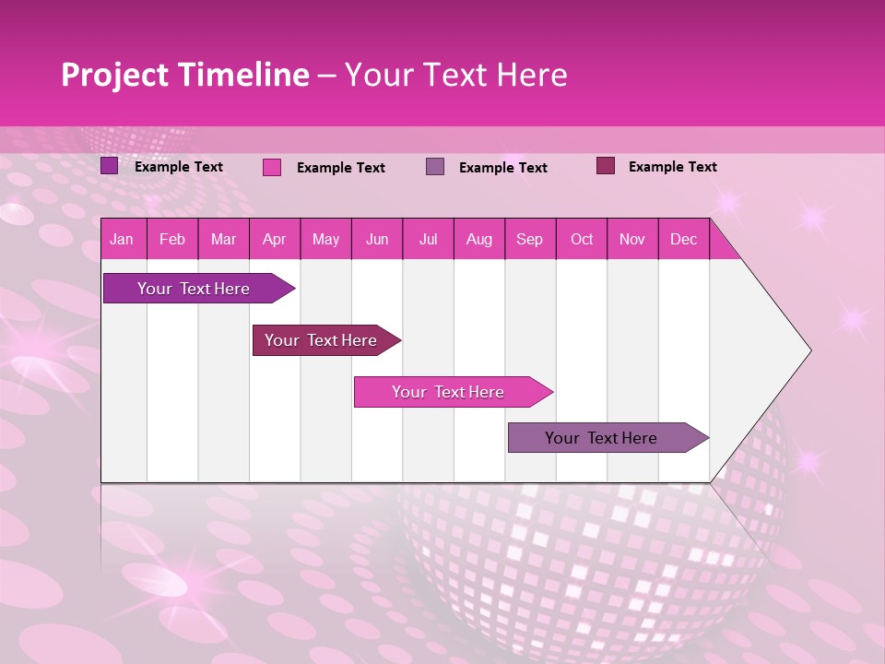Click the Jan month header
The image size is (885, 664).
(x=122, y=239)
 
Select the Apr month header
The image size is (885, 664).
(x=275, y=239)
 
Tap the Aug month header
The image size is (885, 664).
(x=479, y=239)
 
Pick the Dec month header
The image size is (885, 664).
(x=683, y=239)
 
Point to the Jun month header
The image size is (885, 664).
(x=377, y=239)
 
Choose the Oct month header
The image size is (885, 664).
(x=582, y=239)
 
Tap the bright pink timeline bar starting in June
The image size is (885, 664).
(x=449, y=392)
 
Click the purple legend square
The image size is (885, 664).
(x=110, y=166)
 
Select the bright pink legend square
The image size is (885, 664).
(x=272, y=167)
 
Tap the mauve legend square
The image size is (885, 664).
(x=435, y=167)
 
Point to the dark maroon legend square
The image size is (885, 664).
(x=606, y=166)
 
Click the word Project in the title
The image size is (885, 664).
(x=115, y=75)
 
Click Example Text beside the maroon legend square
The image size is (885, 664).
(x=672, y=167)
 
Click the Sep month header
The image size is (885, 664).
(x=530, y=239)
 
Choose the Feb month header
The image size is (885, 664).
(x=172, y=239)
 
